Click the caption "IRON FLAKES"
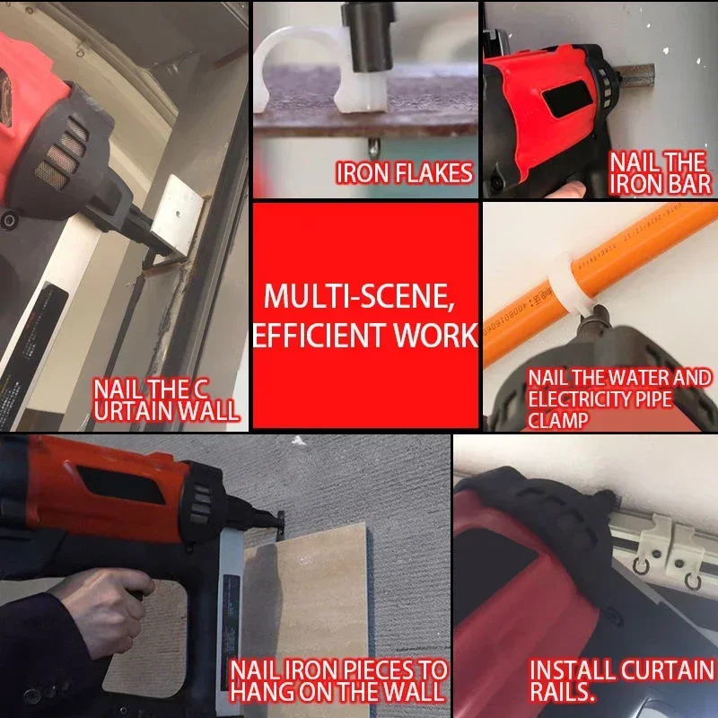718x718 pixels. point(404,173)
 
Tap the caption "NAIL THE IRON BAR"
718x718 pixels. point(661,173)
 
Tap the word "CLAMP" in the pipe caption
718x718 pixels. point(559,419)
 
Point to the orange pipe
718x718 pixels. point(628,251)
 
